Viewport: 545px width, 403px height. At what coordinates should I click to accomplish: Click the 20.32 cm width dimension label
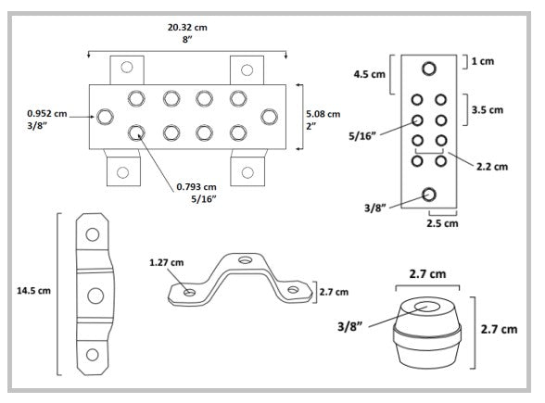tap(187, 27)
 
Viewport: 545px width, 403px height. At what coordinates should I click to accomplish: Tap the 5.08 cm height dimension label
tap(323, 114)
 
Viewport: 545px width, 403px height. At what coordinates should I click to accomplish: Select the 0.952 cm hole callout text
tap(47, 114)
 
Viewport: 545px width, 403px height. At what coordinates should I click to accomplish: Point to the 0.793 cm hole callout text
tap(196, 187)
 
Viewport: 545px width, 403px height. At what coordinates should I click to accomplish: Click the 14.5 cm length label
tap(33, 291)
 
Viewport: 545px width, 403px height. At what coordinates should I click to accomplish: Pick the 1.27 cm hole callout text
tap(167, 263)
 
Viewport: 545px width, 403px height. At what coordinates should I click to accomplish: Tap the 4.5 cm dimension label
tap(370, 74)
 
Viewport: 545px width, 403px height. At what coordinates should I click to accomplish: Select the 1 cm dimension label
tap(483, 61)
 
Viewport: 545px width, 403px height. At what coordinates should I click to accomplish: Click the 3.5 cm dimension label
tap(488, 110)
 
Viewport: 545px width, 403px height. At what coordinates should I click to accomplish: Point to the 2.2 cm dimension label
tap(492, 167)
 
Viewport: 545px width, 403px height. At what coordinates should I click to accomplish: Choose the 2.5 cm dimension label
tap(442, 223)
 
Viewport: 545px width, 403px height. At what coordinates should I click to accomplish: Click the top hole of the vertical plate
tap(429, 69)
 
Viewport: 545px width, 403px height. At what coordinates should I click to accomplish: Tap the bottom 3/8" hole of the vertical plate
tap(429, 195)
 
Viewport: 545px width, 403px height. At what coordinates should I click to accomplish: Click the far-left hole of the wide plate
tap(105, 117)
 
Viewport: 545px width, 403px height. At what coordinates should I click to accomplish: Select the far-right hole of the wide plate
tap(269, 117)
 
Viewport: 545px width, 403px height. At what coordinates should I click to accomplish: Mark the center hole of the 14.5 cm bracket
tap(95, 296)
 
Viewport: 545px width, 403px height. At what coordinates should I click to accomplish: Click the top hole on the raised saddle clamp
tap(245, 259)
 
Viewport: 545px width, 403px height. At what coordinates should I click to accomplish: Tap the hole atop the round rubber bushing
tap(427, 307)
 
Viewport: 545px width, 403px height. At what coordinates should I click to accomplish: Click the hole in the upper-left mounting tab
tap(127, 67)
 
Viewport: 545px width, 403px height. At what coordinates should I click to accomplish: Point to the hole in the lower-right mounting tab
tap(247, 172)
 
